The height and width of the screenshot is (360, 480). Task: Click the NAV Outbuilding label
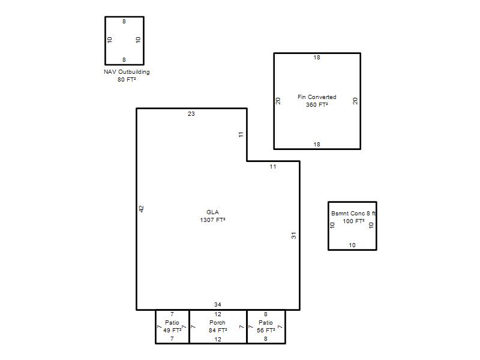tap(127, 72)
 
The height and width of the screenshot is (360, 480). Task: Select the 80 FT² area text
tap(127, 80)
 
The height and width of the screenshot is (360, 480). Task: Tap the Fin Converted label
tap(317, 97)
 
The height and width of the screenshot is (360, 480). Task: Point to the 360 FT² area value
tap(317, 104)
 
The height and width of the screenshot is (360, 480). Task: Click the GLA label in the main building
tap(212, 212)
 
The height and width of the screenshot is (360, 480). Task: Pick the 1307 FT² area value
tap(212, 220)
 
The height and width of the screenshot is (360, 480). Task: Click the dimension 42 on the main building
tap(141, 209)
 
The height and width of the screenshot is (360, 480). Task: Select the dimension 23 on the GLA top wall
tap(191, 114)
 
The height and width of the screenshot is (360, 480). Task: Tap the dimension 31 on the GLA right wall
tap(293, 235)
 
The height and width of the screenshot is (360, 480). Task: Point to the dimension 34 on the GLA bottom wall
tap(218, 305)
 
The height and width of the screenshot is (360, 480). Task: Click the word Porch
tap(217, 323)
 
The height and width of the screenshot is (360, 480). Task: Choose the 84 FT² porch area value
tap(218, 331)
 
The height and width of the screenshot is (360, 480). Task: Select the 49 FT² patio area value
tap(172, 331)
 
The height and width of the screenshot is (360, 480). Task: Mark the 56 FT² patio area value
tap(266, 331)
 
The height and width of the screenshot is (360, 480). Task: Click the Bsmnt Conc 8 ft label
tap(353, 214)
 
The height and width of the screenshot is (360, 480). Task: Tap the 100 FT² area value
tap(353, 221)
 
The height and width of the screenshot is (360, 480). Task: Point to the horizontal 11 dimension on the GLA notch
tap(273, 167)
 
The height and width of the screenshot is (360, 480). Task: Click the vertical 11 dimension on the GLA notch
tap(241, 134)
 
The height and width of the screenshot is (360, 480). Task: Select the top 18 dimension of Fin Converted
tap(317, 58)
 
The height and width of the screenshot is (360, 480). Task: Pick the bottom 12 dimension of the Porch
tap(218, 339)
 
